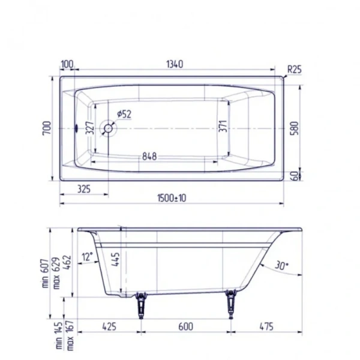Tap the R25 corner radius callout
[x=293, y=69]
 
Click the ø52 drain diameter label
[x=124, y=114]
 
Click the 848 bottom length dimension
[x=149, y=157]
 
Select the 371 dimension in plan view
[x=223, y=128]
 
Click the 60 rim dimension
[x=293, y=175]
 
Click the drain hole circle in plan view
[x=109, y=128]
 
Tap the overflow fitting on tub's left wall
[x=78, y=128]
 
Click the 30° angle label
[x=281, y=265]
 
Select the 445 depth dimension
[x=116, y=258]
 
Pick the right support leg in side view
[x=230, y=302]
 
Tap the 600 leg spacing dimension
[x=185, y=327]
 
